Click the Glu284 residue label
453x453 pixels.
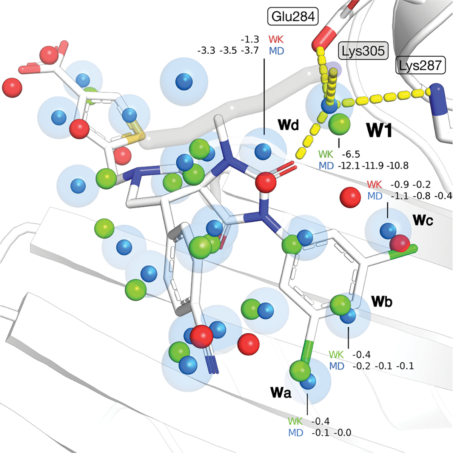tap(293, 17)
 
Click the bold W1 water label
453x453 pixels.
tap(379, 131)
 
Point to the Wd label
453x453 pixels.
tap(288, 125)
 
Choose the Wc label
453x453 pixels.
tap(423, 220)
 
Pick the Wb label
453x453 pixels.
tap(382, 301)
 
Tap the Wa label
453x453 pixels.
tap(281, 393)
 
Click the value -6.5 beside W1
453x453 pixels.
tap(351, 154)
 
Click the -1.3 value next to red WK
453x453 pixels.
tap(250, 39)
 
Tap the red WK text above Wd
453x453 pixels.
tap(276, 39)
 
